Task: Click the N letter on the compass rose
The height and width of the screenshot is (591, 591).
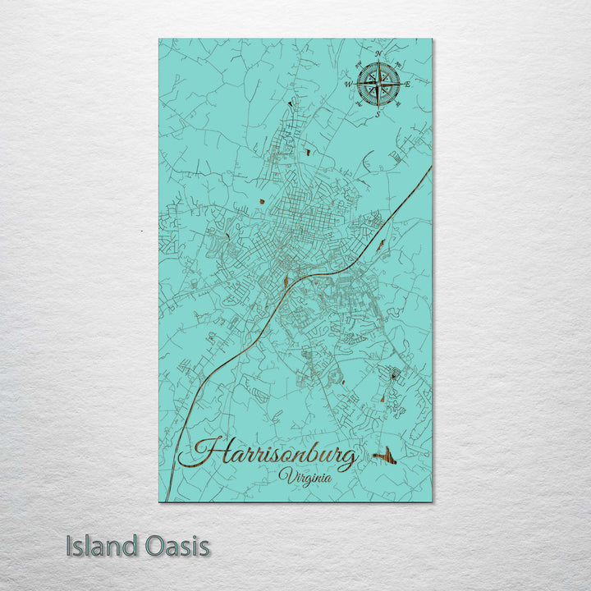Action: coord(378,54)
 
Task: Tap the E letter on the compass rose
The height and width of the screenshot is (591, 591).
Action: coord(407,84)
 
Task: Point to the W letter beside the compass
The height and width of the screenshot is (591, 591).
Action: coord(349,84)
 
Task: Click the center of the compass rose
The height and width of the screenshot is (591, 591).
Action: coord(378,84)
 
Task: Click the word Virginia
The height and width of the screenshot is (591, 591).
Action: coord(305,476)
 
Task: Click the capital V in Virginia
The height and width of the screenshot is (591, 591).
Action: coord(285,475)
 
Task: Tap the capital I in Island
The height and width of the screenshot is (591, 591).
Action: coord(70,546)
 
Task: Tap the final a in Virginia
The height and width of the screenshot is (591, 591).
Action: coord(328,478)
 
